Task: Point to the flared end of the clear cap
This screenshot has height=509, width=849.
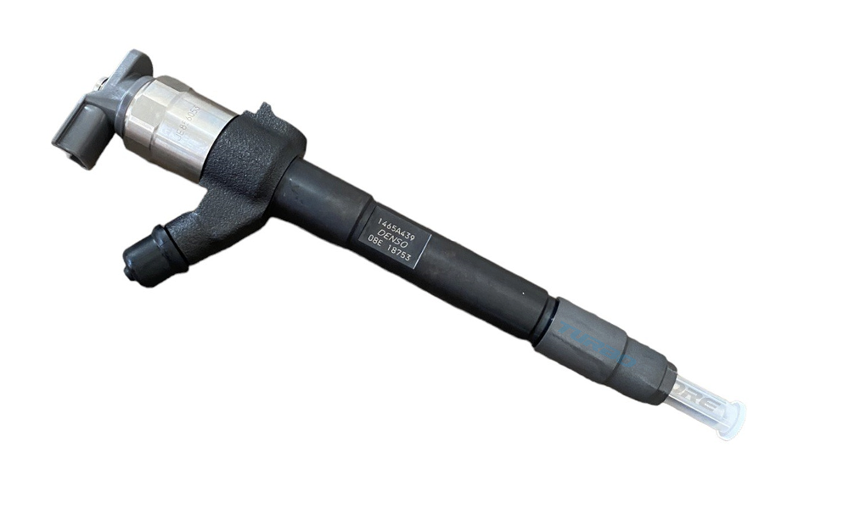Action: click(x=733, y=421)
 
